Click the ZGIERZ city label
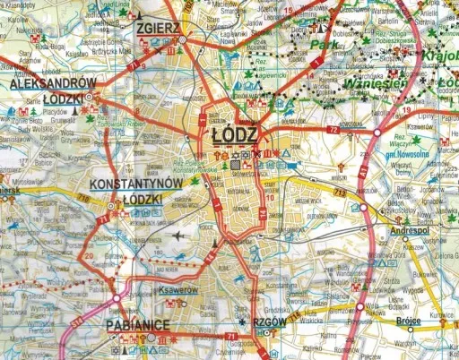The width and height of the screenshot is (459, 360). (x=160, y=28)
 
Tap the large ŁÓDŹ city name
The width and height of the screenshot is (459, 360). (x=236, y=134)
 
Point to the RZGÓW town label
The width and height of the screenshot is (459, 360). (x=269, y=321)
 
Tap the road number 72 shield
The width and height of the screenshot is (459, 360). (x=333, y=130)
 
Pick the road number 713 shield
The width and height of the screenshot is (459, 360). (x=339, y=191)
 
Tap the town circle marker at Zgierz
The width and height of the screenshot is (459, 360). (x=183, y=40)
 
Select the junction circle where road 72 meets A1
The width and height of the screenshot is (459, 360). (x=377, y=132)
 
